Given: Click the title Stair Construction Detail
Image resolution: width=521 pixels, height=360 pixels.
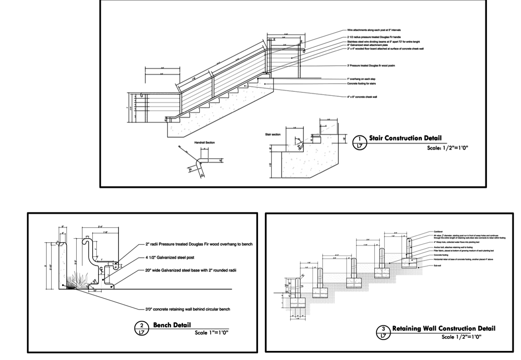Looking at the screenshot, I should (405, 138).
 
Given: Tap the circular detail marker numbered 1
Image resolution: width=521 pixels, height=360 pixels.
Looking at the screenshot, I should (360, 142).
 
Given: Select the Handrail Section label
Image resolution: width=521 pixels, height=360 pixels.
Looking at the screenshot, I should (204, 142).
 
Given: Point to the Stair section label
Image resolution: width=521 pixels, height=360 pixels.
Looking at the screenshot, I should (273, 135).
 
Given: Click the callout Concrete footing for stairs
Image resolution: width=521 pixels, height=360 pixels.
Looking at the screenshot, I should (362, 84).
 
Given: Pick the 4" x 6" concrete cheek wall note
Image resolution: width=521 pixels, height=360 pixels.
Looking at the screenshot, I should (362, 97).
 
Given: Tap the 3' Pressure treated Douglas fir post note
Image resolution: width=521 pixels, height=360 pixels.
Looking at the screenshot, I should (371, 65).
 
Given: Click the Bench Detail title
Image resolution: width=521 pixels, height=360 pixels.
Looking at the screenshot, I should (172, 325).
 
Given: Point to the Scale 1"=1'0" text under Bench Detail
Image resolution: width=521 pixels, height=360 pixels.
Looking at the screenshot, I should (211, 333).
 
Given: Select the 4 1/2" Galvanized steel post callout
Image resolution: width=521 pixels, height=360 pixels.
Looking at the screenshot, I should (170, 257).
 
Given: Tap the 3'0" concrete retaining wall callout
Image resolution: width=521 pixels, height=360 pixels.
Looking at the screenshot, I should (188, 309).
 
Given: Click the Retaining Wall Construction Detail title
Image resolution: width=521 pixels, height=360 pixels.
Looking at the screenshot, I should (443, 328).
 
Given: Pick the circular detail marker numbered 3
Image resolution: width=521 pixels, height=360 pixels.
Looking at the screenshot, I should (384, 332).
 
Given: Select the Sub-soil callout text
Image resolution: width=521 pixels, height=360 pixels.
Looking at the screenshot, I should (438, 266).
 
